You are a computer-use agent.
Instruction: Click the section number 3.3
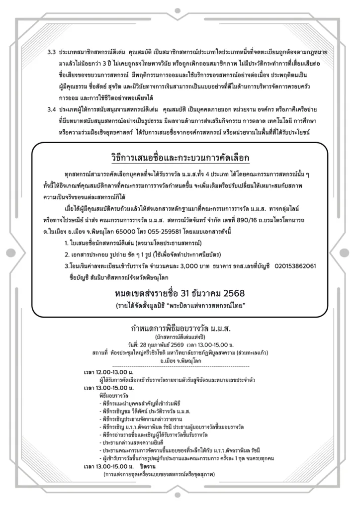pyautogui.click(x=51, y=52)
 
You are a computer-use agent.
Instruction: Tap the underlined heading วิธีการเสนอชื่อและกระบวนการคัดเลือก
pyautogui.click(x=180, y=158)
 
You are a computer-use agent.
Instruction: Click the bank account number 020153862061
pyautogui.click(x=295, y=266)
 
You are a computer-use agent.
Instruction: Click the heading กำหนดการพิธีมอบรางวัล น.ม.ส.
pyautogui.click(x=180, y=329)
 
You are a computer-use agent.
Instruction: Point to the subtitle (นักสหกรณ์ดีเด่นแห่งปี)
pyautogui.click(x=180, y=338)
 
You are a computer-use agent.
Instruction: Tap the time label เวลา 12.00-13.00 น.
pyautogui.click(x=105, y=371)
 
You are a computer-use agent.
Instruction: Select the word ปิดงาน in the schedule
pyautogui.click(x=150, y=467)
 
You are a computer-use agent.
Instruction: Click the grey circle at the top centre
pyautogui.click(x=180, y=8)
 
